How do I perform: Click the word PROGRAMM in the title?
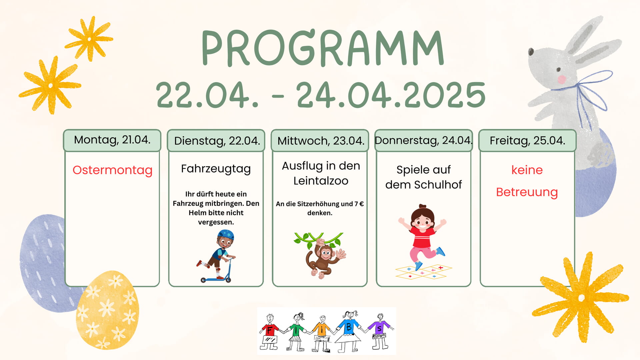pos(323,48)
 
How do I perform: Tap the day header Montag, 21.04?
pos(112,140)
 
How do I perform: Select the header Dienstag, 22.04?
pos(217,141)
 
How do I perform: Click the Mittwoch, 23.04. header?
pos(321,141)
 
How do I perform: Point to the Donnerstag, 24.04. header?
pos(424,140)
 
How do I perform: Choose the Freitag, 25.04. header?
pos(527,140)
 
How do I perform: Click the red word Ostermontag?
pos(113,170)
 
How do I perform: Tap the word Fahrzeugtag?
pos(216,169)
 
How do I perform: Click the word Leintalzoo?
pos(321,181)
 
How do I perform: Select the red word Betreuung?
pos(527,192)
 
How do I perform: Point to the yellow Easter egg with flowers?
pos(107,310)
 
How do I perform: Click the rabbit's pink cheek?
pos(562,79)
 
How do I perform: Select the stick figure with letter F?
pos(270,332)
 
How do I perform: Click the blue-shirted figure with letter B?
pos(348,331)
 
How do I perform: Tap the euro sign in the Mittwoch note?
pos(361,204)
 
